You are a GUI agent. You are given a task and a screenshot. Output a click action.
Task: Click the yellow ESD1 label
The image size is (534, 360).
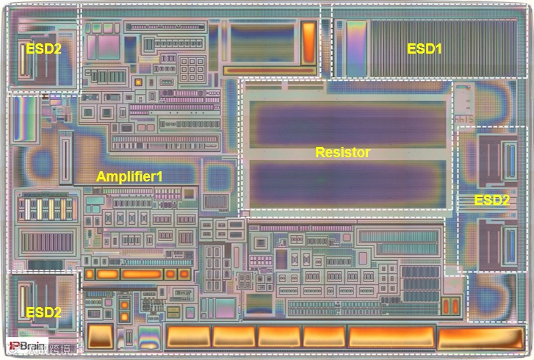click(425, 48)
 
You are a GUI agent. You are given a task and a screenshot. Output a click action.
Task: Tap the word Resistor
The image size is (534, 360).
click(342, 153)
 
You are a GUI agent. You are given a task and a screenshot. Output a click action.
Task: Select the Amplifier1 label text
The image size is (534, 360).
click(129, 176)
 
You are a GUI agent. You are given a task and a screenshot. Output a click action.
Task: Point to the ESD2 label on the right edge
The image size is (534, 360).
click(491, 200)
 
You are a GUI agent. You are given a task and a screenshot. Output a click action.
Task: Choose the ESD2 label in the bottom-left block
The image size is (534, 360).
click(44, 312)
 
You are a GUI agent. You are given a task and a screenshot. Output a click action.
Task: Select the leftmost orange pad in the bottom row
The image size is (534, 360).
click(101, 336)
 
